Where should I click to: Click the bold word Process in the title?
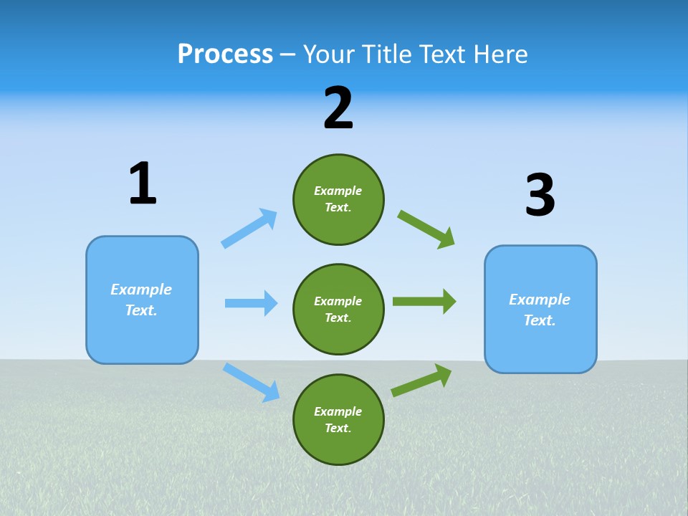point(225,54)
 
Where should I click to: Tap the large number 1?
point(143,183)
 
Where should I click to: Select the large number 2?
point(338,108)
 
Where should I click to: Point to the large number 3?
point(540,196)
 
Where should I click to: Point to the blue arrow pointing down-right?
point(251,382)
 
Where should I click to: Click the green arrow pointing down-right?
point(426,229)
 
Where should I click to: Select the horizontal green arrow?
point(424,302)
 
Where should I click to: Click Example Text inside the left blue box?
point(141,300)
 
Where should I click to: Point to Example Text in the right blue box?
point(540,310)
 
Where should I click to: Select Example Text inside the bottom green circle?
point(338,420)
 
